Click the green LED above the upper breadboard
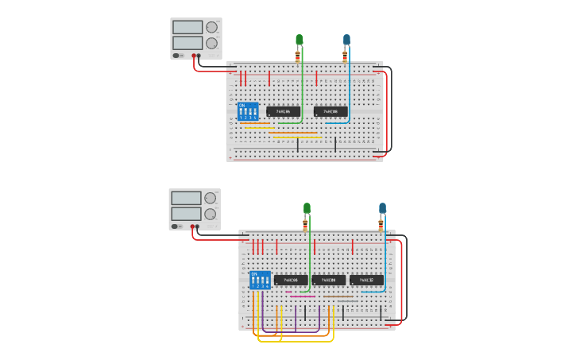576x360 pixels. (300, 40)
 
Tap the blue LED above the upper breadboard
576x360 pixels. (346, 40)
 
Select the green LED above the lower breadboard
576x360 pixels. (307, 208)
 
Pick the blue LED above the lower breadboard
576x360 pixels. (382, 208)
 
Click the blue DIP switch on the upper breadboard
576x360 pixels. (248, 111)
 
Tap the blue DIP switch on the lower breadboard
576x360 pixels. (260, 280)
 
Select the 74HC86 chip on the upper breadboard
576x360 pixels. (284, 112)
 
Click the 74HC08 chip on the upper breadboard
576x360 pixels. (331, 112)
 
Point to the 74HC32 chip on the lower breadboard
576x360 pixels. (366, 281)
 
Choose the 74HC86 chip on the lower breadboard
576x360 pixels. (291, 281)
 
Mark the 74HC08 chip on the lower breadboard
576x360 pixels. (329, 281)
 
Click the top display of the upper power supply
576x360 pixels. (187, 26)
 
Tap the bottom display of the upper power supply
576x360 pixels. (187, 42)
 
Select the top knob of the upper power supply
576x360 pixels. (212, 26)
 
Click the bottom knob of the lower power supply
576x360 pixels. (211, 214)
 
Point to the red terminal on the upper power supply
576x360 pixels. (193, 56)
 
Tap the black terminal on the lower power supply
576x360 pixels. (197, 226)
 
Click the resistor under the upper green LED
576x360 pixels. (298, 56)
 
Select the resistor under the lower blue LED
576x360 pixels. (381, 225)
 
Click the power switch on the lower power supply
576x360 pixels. (176, 226)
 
